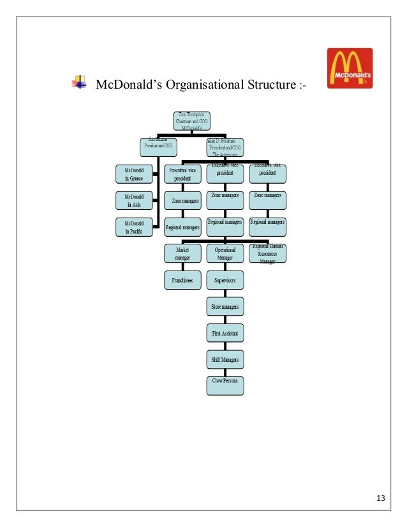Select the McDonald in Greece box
(x=134, y=174)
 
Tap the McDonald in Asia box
(x=134, y=200)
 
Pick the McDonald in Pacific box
(x=134, y=227)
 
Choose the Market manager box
(x=182, y=254)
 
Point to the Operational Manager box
(x=225, y=254)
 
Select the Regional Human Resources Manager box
(x=267, y=254)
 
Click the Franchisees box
(x=182, y=279)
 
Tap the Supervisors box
(x=225, y=279)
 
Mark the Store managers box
(x=225, y=307)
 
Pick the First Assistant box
(x=225, y=332)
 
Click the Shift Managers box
(x=225, y=360)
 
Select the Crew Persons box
(x=225, y=384)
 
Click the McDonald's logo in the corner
(x=350, y=68)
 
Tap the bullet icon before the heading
(x=80, y=82)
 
